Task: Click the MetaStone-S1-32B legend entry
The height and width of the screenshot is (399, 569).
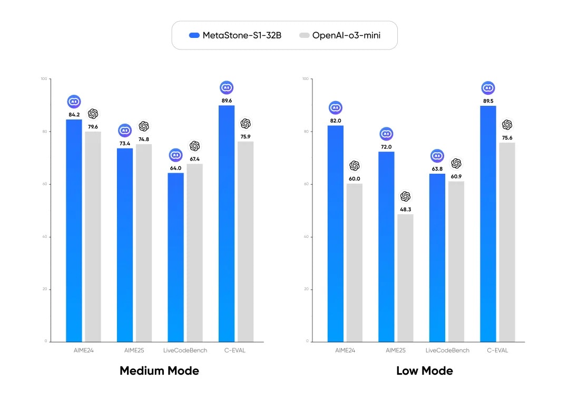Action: point(235,35)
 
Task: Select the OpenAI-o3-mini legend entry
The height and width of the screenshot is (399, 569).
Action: point(340,35)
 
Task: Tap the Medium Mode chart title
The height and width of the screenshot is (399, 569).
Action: point(159,371)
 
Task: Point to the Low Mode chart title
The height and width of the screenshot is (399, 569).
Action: point(424,371)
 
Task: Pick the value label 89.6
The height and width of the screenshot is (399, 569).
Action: point(227,100)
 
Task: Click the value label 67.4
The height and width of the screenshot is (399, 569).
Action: point(195,158)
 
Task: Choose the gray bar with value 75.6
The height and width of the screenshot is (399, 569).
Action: point(507,242)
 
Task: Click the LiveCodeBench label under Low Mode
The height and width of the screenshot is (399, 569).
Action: point(447,350)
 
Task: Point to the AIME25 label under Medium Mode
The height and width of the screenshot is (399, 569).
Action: point(134,350)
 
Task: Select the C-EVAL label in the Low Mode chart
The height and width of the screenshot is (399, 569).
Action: point(497,350)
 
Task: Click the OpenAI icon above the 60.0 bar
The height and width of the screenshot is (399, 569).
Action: point(355,166)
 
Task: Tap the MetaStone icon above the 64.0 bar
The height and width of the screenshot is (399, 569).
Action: point(175,155)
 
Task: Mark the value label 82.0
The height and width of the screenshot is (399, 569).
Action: point(336,120)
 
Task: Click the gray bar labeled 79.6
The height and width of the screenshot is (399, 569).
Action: point(93,236)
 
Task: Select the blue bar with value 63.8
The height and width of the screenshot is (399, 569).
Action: point(437,257)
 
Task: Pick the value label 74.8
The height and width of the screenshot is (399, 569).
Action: point(144,139)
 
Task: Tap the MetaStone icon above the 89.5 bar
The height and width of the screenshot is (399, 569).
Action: point(488,88)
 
